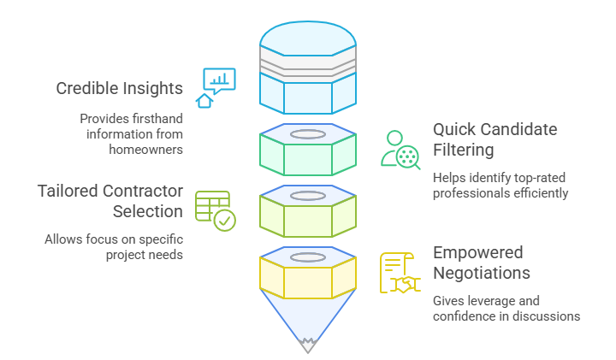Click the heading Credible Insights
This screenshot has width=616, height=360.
120,88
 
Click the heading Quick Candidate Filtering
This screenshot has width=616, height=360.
495,139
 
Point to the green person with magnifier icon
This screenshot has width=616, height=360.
400,150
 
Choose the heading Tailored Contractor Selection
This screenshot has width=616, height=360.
110,200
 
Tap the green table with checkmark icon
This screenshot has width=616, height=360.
215,210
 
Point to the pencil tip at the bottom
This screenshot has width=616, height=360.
308,345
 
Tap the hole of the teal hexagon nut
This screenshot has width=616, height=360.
308,134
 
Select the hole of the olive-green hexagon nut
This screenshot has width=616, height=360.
308,196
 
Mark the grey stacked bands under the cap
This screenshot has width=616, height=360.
308,65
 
